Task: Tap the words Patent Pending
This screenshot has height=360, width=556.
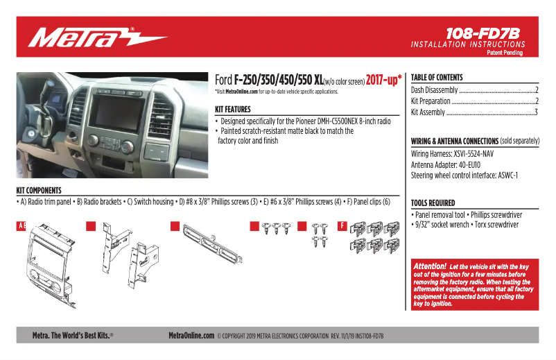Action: [504, 53]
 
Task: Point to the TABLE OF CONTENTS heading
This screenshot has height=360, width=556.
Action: [437, 78]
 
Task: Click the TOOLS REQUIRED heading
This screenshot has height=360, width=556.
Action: [433, 203]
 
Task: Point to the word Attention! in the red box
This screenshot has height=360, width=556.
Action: [429, 266]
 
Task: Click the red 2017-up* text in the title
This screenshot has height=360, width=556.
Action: [383, 80]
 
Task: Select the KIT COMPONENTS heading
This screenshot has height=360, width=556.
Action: [39, 190]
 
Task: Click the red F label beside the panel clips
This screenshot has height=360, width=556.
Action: [342, 226]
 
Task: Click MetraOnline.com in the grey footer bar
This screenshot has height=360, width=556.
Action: [191, 335]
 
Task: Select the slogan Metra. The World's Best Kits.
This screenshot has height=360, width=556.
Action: [73, 335]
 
